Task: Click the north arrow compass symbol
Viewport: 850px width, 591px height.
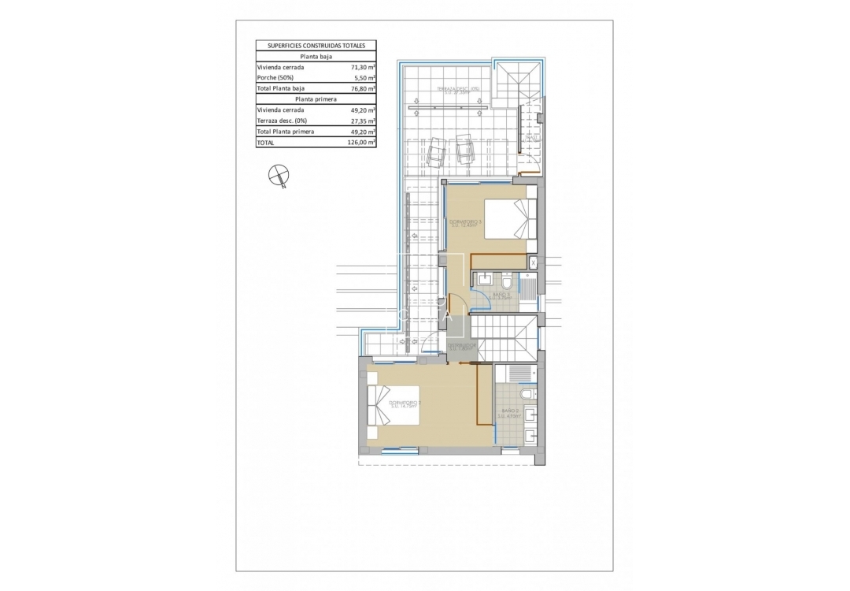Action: point(277,177)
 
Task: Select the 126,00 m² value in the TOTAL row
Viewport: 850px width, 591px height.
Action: point(360,143)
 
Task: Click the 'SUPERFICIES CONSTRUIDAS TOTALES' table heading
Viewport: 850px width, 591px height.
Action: point(316,46)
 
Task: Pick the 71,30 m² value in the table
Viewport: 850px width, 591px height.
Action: point(362,68)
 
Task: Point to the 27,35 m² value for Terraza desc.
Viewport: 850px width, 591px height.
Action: point(362,121)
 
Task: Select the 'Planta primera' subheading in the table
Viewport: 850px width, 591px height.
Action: point(316,99)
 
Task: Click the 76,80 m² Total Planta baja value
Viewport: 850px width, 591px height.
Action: point(362,89)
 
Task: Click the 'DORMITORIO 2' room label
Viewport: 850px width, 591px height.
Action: point(406,403)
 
